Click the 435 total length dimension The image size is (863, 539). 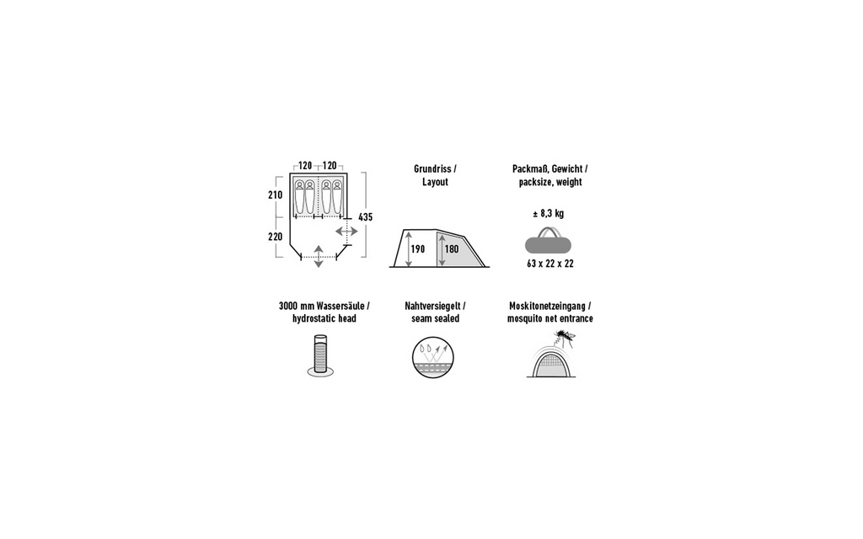pos(366,217)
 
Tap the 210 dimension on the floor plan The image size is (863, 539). pos(276,195)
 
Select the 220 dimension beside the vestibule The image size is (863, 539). pos(276,237)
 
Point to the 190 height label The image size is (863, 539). pos(418,249)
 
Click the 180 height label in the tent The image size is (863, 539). pos(452,249)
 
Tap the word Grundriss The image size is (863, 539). pos(432,169)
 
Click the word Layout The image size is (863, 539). pos(436,182)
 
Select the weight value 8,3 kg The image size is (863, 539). pos(551,213)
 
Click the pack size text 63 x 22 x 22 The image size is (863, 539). pos(550,264)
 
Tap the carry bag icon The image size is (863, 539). pos(548,242)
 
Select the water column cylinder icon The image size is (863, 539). pos(320,355)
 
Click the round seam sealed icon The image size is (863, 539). pos(432,357)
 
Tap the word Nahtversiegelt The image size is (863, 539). pos(432,306)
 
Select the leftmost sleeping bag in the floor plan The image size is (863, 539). pos(299,197)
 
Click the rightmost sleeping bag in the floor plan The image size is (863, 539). pos(337,197)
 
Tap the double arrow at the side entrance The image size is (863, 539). pos(346,232)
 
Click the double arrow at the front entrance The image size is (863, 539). pos(319,256)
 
